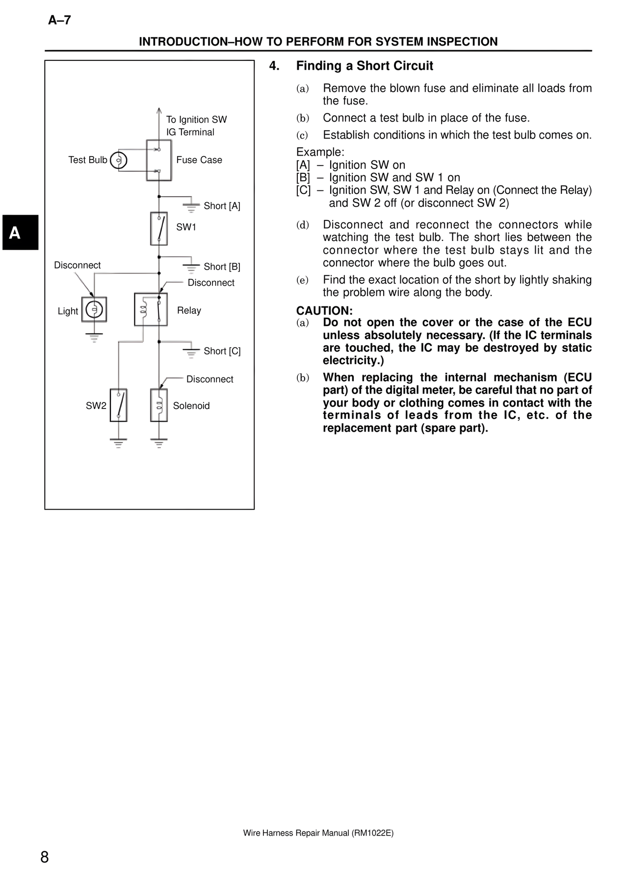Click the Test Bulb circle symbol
119,161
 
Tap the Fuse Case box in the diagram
159,160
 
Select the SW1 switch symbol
159,228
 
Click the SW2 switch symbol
119,405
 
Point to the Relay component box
151,309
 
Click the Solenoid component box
159,405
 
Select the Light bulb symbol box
94,309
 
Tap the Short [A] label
222,206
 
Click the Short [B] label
222,267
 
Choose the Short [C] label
222,351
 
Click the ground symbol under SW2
118,443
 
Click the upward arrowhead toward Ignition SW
159,110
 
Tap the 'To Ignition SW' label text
196,120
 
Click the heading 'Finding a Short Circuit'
364,66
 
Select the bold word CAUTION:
324,311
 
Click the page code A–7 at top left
59,20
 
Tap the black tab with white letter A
20,232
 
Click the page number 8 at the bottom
45,858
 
